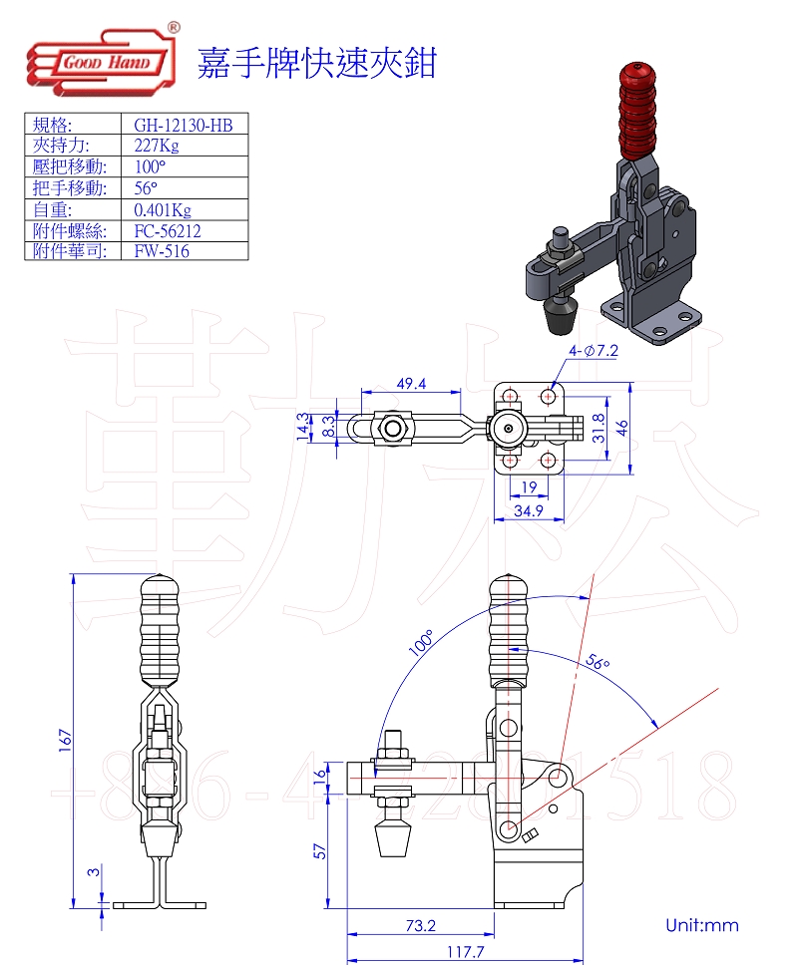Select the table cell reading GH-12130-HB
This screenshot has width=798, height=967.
tap(184, 125)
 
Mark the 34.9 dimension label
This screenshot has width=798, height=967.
tap(528, 511)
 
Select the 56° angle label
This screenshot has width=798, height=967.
tap(597, 664)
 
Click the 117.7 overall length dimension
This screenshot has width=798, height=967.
tap(466, 951)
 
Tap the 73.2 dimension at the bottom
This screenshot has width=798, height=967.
tap(421, 925)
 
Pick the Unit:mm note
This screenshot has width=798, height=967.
tap(702, 925)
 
